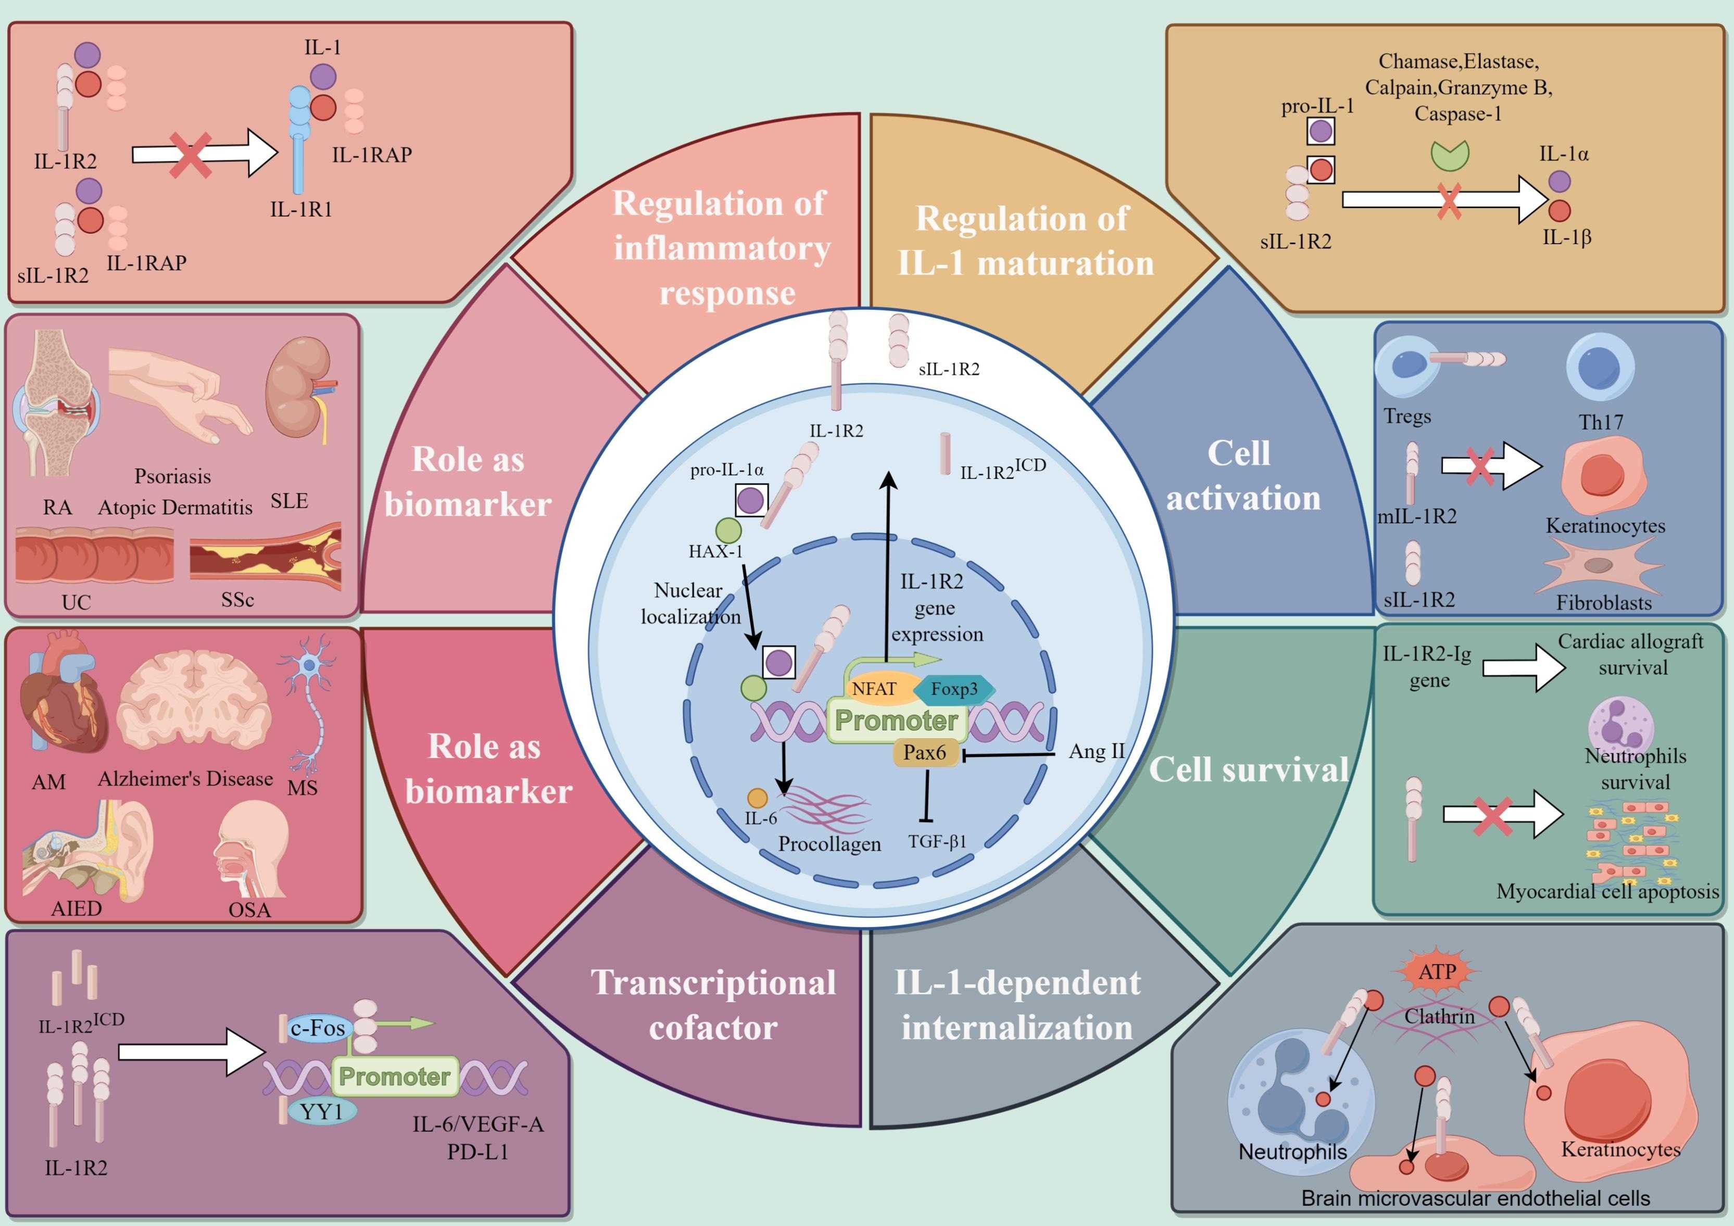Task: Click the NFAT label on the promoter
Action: pyautogui.click(x=874, y=689)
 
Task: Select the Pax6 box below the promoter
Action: pyautogui.click(x=924, y=753)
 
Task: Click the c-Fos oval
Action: pyautogui.click(x=317, y=1028)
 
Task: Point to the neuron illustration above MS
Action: pyautogui.click(x=310, y=702)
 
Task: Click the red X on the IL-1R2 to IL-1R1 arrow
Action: pyautogui.click(x=190, y=155)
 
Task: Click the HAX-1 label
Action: pyautogui.click(x=715, y=551)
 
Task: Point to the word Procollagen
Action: pyautogui.click(x=829, y=844)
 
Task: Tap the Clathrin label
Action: pyautogui.click(x=1439, y=1017)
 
